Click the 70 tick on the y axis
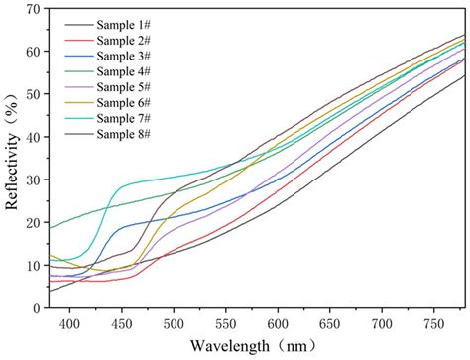click(33, 10)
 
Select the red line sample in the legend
click(76, 40)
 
